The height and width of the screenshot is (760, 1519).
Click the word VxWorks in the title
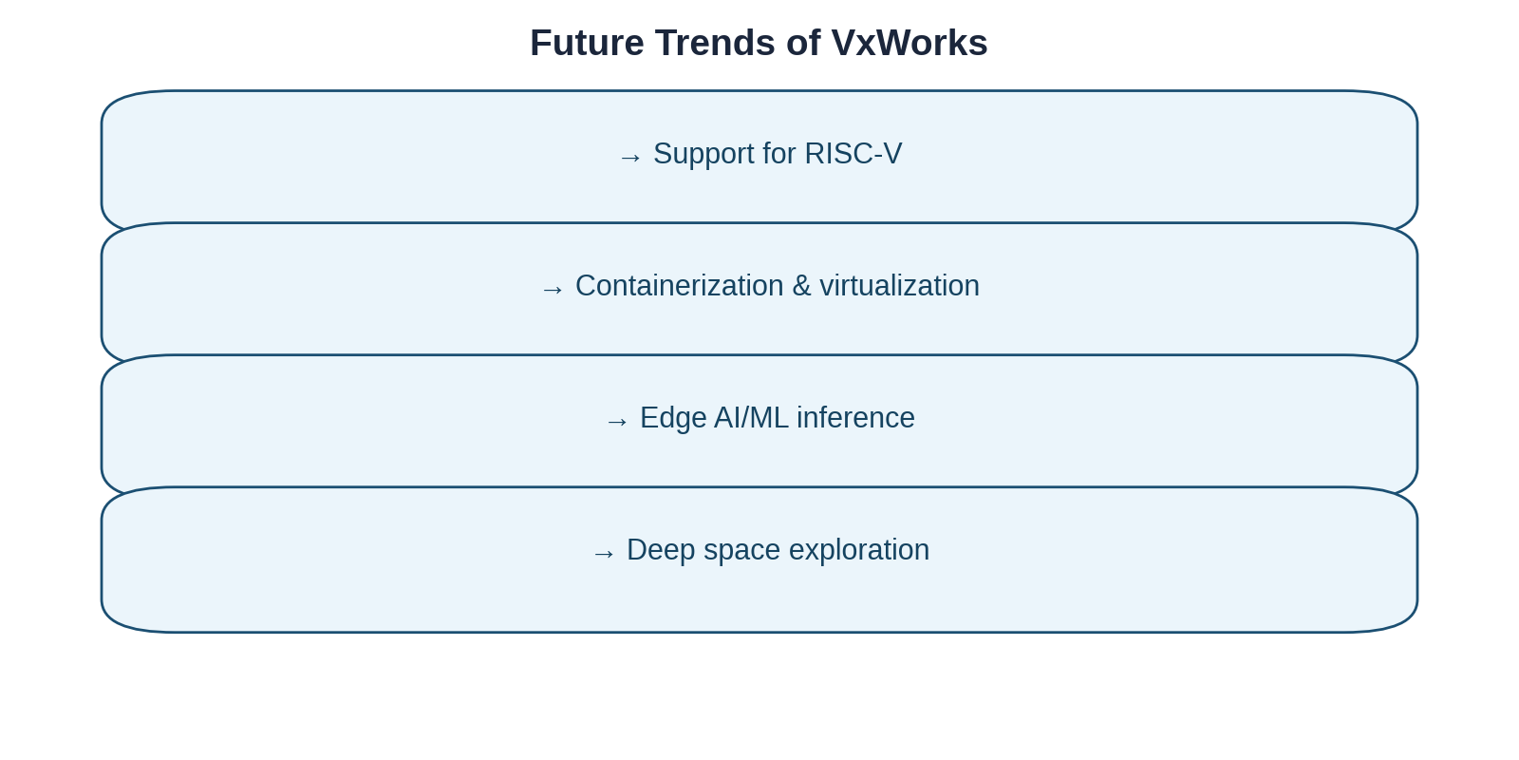click(909, 43)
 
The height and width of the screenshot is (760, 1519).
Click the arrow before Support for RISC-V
click(630, 157)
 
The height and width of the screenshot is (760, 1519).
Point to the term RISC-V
click(853, 154)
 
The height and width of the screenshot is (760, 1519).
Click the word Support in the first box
click(703, 154)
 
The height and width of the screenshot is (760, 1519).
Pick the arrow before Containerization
click(553, 289)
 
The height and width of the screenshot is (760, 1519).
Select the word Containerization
click(679, 286)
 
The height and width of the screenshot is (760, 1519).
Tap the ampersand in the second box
click(801, 286)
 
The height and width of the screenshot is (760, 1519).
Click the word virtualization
click(899, 286)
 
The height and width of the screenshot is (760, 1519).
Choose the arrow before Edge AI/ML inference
click(617, 421)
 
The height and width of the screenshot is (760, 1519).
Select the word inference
click(855, 418)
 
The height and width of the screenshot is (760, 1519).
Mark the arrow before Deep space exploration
click(604, 553)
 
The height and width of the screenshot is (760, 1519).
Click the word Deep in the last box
click(656, 550)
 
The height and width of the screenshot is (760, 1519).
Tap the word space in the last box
click(737, 550)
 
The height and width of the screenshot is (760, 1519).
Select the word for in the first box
click(778, 154)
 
